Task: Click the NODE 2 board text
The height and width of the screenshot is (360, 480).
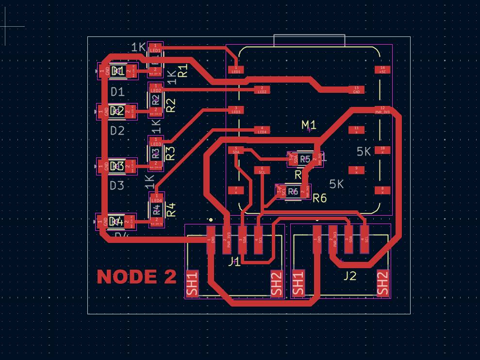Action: coord(136,276)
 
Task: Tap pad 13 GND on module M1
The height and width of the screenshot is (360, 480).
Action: coord(356,89)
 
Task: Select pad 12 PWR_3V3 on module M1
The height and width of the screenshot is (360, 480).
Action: coord(382,110)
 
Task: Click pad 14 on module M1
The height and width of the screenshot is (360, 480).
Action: coord(382,69)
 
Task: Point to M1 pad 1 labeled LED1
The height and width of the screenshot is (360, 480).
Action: coord(236,69)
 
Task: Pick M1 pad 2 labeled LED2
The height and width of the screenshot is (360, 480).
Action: coord(262,89)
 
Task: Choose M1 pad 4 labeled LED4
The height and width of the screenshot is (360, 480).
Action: coord(262,130)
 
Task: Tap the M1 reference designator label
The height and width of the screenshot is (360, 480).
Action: coord(309,125)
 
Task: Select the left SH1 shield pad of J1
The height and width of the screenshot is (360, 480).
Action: coord(192,284)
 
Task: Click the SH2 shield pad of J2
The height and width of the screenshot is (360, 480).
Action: coord(383,283)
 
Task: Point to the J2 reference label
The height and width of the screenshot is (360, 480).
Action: coord(350,276)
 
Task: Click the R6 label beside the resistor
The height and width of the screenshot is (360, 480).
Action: coord(320,198)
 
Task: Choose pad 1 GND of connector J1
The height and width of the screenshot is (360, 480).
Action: coord(211,239)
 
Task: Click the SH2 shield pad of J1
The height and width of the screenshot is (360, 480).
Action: coord(276,284)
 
